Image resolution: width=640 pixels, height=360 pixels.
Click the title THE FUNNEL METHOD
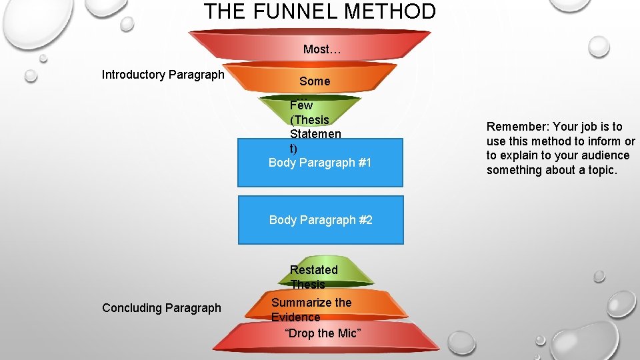(320, 11)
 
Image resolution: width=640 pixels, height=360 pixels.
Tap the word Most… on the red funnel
(317, 49)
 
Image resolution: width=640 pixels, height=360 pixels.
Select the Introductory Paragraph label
(163, 75)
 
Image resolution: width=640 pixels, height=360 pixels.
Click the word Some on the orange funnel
(315, 81)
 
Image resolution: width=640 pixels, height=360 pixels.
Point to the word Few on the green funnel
(301, 105)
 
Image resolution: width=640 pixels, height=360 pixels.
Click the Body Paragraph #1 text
(320, 163)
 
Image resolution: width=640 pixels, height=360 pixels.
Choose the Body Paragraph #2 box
(321, 220)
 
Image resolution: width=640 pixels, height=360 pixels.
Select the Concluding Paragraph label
(161, 308)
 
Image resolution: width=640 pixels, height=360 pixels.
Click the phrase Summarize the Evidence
(311, 310)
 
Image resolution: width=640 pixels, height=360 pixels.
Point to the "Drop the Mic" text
(323, 333)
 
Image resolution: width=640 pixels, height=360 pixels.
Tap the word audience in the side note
(605, 155)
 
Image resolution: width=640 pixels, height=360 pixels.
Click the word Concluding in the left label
(132, 308)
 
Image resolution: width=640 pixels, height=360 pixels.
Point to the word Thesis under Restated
(308, 285)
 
